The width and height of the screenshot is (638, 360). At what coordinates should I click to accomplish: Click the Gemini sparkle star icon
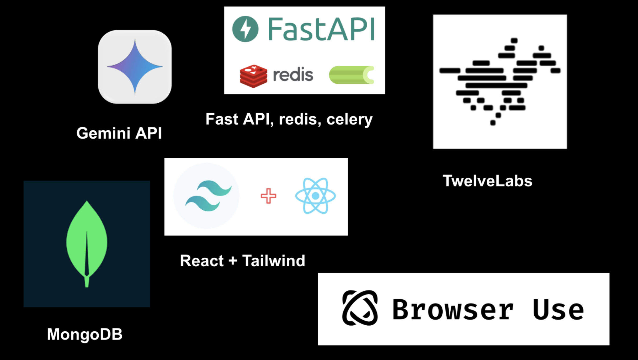[135, 67]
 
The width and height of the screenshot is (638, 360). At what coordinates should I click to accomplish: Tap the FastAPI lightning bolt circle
[245, 29]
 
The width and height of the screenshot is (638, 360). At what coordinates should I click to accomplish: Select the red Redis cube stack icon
[253, 76]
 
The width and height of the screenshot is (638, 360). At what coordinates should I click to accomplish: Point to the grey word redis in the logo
[293, 75]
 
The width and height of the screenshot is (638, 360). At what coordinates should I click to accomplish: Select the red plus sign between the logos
[268, 196]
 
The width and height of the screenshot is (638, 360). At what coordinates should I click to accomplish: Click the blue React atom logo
[315, 196]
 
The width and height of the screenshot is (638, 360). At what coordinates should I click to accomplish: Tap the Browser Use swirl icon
[360, 308]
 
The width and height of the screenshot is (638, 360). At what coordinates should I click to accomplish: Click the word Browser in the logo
[453, 310]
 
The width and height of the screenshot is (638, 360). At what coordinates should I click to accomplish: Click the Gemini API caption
[119, 133]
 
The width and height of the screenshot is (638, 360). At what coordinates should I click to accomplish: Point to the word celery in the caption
[349, 120]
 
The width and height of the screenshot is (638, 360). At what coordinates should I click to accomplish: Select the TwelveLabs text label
[487, 181]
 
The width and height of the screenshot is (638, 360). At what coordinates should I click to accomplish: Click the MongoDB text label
[85, 334]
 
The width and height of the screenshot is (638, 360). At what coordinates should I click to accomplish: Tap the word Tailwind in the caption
[274, 261]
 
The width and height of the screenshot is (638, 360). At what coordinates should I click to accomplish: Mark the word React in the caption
[202, 261]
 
